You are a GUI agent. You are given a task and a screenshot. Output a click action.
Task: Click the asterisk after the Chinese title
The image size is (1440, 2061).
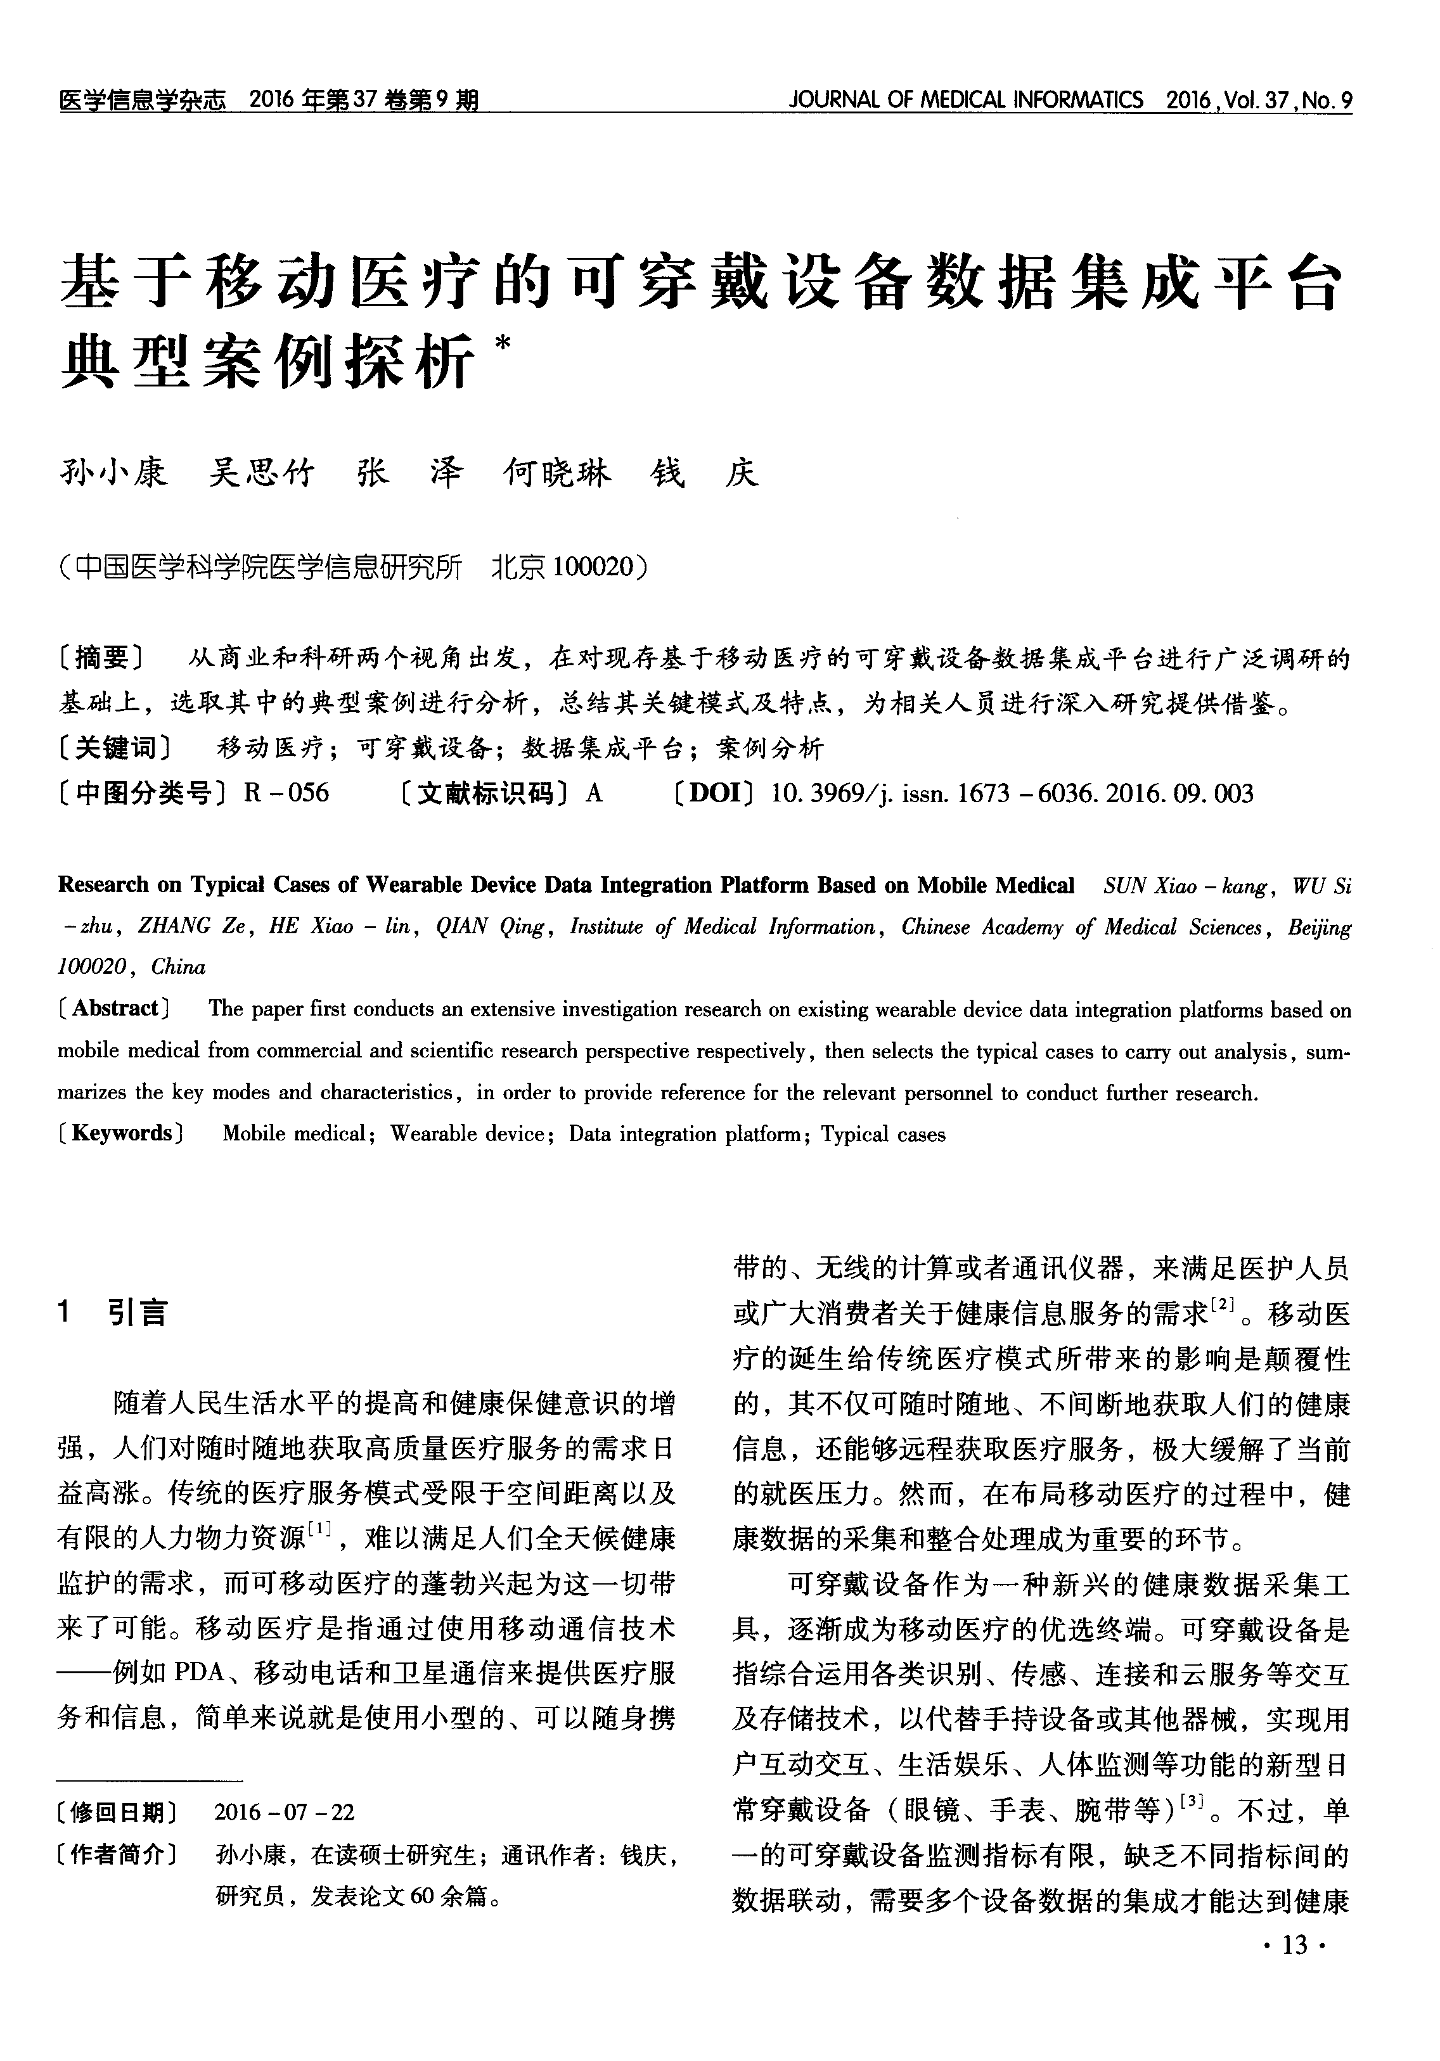[x=502, y=343]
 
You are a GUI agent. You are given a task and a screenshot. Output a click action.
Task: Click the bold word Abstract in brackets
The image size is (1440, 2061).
[x=115, y=1008]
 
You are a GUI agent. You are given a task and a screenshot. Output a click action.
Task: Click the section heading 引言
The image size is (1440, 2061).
[x=138, y=1313]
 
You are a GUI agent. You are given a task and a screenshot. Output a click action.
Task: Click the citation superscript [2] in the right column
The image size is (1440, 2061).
[x=1224, y=1305]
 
